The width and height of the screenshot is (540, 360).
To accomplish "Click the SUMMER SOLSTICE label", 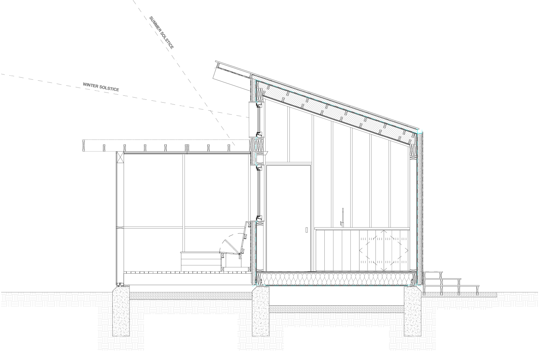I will pos(162,32).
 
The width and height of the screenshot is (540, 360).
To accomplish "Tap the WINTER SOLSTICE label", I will pos(101,87).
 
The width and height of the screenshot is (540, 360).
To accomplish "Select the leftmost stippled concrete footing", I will pos(121,311).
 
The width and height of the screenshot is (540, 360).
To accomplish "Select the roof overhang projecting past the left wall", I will pos(234,71).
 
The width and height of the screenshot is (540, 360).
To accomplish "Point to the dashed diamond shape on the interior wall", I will pos(384,251).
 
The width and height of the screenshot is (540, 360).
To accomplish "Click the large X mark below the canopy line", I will pos(120,157).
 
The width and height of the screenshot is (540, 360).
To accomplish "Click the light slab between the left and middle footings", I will pos(191,296).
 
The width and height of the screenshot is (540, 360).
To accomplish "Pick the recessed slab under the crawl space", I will pos(337,309).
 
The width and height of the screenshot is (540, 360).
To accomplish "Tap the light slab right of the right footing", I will pos(459,295).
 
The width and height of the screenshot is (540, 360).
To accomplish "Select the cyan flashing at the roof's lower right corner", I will pos(420,132).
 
